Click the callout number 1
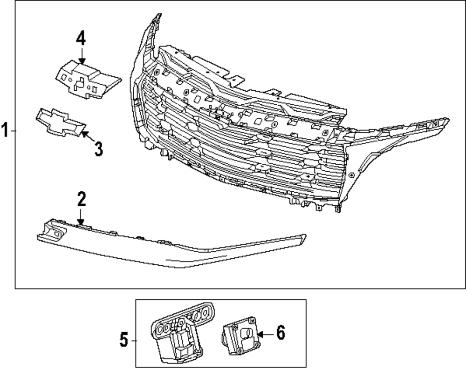pyautogui.click(x=5, y=131)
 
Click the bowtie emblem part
pyautogui.click(x=61, y=123)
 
